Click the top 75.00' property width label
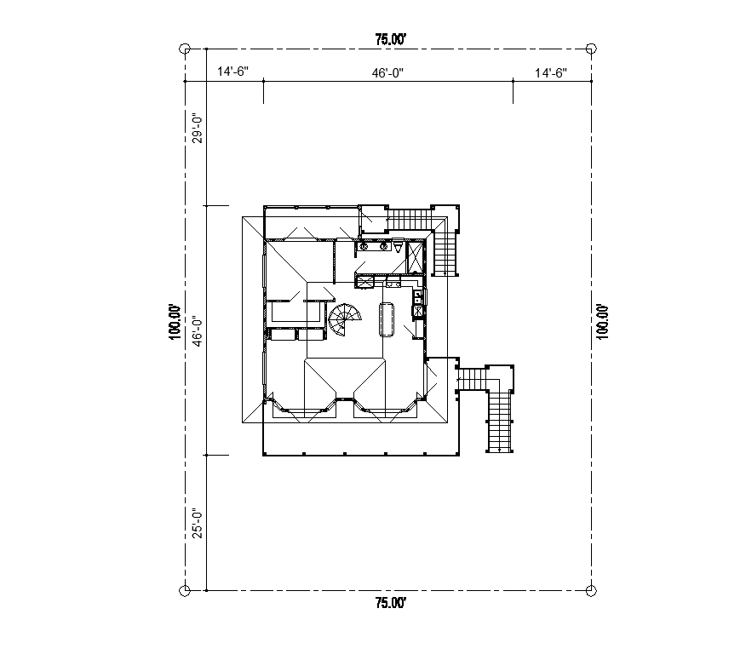coord(389,38)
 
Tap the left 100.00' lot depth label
coord(175,322)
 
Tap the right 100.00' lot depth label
coord(603,322)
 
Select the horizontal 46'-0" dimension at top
coord(387,73)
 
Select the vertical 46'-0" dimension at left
coord(196,330)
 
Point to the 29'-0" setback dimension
coord(196,128)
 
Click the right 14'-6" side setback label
coord(551,73)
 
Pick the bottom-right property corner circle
coord(592,590)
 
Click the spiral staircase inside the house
coord(345,320)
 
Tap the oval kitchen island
coord(386,319)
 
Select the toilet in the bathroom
coord(397,247)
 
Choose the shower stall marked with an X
coord(416,256)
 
